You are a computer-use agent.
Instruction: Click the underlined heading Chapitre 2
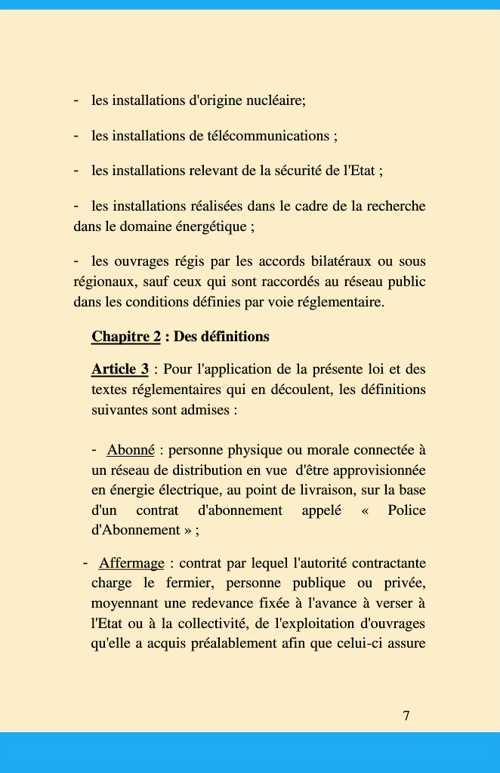click(x=126, y=337)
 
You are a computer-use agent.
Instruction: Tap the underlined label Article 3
click(x=119, y=370)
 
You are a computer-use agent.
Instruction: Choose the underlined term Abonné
click(x=131, y=451)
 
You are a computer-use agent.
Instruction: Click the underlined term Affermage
click(x=131, y=563)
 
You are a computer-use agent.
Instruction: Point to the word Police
click(x=406, y=510)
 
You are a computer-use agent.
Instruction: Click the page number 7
click(x=406, y=716)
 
